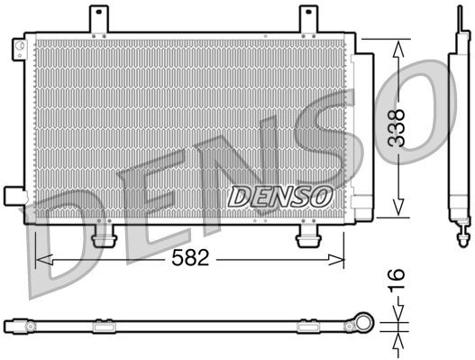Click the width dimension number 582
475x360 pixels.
[192, 258]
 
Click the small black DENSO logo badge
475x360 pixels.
[280, 195]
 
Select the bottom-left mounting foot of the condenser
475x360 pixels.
[105, 237]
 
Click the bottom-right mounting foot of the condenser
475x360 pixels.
[310, 237]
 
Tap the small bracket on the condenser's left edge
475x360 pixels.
[14, 195]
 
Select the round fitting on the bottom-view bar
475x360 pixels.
[364, 321]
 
